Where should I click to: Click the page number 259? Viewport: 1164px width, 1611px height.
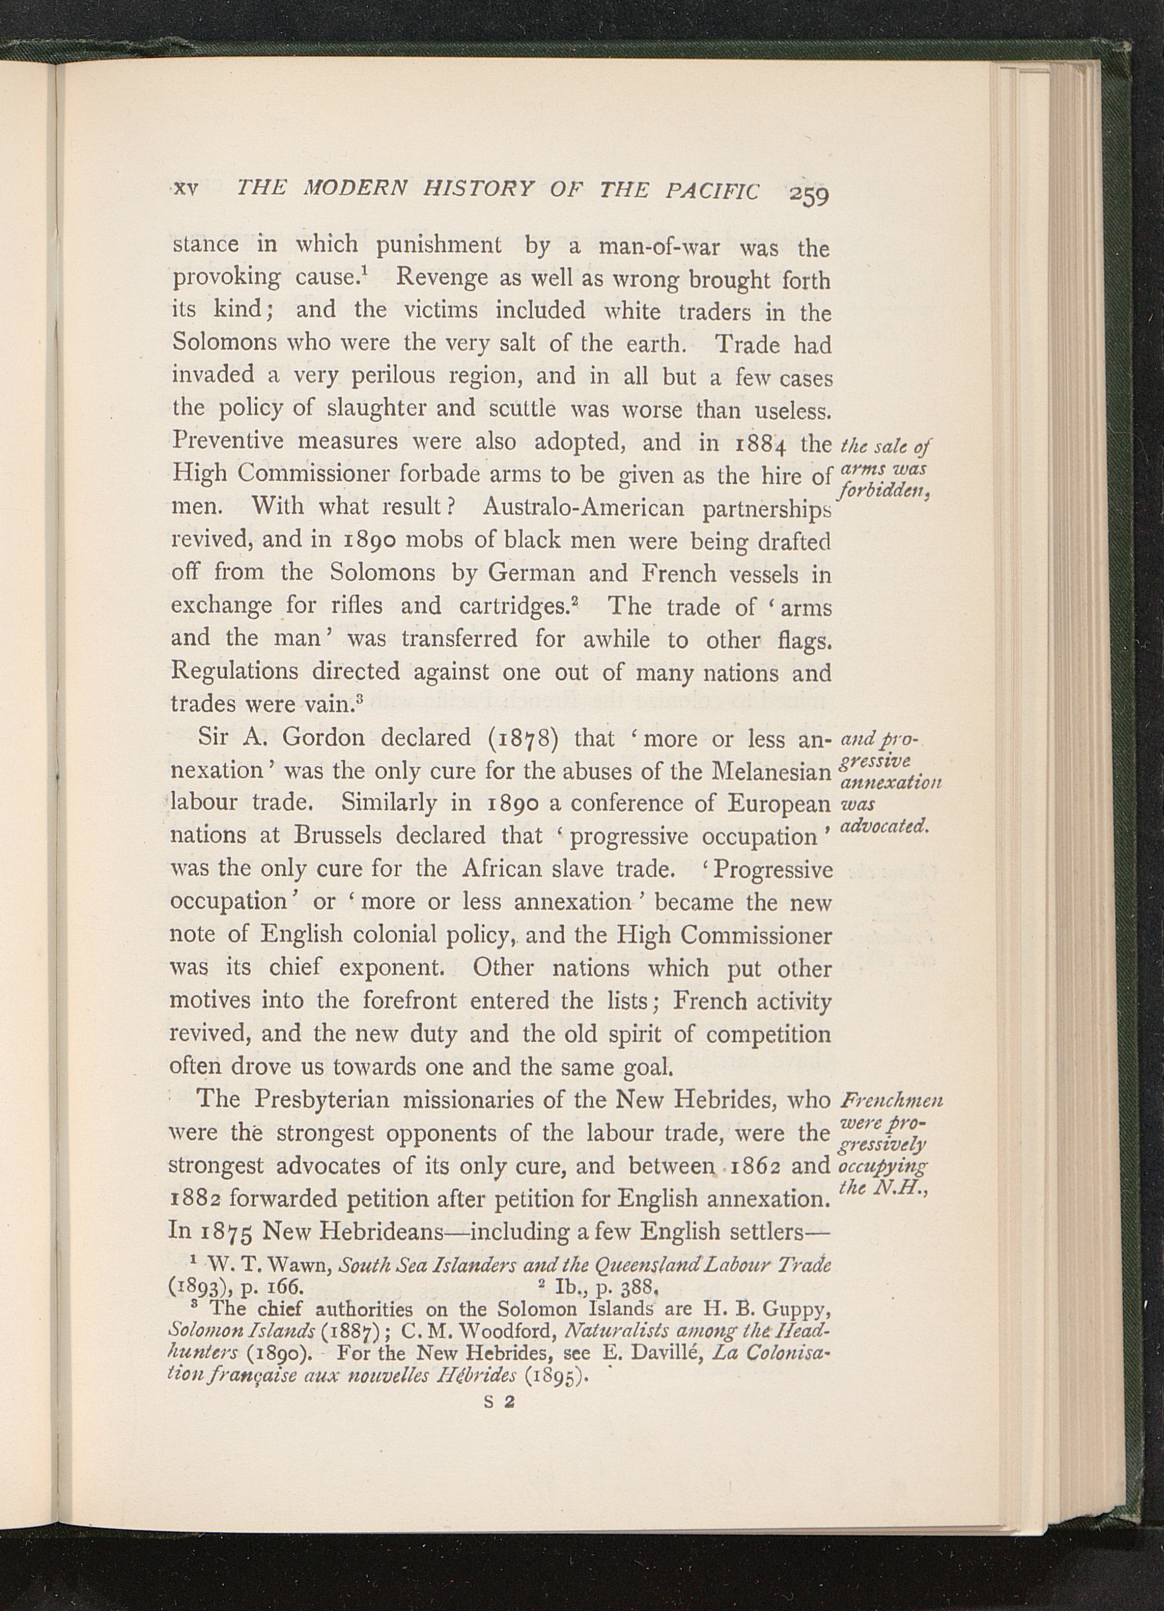[x=808, y=193]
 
